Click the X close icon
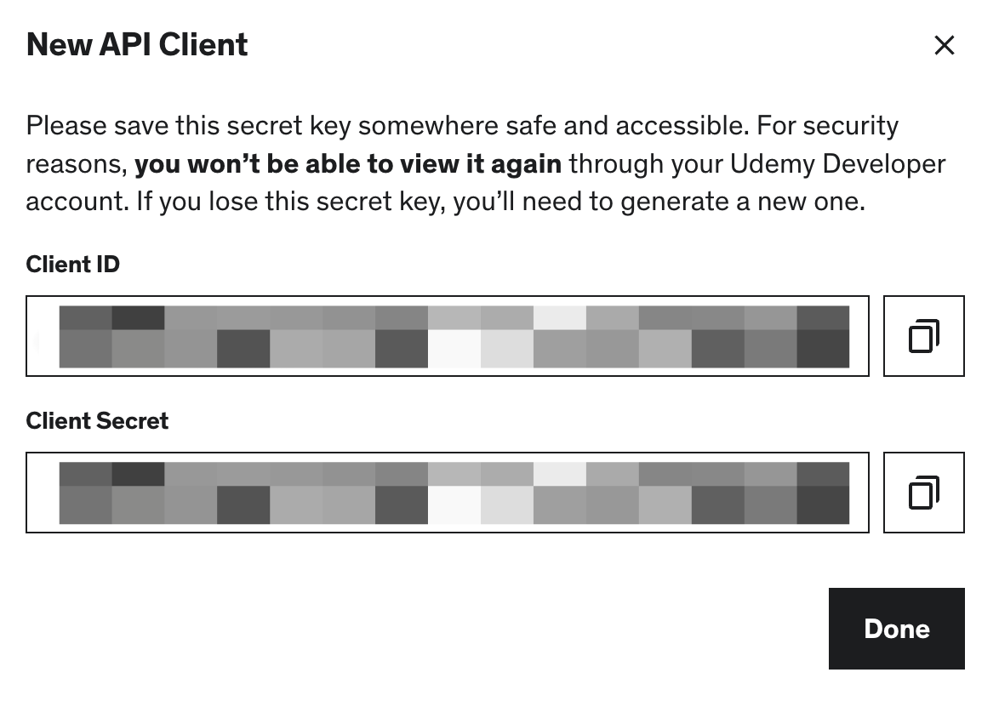944,45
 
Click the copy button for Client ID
923,336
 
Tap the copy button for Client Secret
923,493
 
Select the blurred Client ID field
448,336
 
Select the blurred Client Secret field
448,493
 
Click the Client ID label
73,265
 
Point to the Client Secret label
97,421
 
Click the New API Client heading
137,45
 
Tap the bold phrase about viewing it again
348,163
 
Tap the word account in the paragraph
74,202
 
